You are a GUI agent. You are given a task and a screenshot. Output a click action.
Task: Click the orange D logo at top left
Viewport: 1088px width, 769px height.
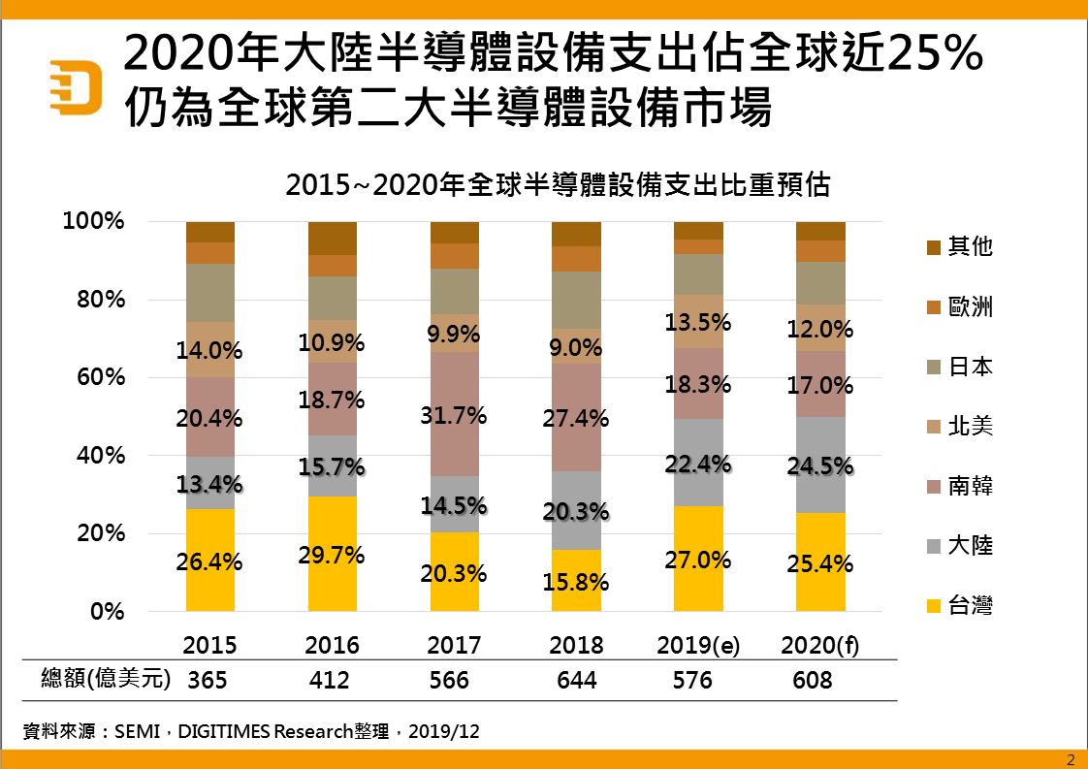[77, 86]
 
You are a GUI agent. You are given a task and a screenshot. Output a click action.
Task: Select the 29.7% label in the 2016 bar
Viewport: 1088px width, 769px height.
[332, 555]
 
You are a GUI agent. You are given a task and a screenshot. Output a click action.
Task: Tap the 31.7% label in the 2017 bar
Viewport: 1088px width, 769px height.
[454, 418]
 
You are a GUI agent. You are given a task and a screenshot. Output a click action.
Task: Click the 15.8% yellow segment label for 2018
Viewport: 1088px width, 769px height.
[576, 583]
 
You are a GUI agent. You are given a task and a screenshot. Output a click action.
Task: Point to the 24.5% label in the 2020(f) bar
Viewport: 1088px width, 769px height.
[820, 466]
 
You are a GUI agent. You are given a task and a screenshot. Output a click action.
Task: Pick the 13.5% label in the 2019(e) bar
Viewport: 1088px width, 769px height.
[698, 321]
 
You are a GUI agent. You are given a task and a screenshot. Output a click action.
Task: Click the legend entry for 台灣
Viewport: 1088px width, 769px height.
[960, 606]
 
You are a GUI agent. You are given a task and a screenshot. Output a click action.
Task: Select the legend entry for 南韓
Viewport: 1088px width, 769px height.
[960, 486]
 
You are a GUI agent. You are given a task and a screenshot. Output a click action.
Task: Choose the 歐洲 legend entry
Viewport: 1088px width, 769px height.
[960, 307]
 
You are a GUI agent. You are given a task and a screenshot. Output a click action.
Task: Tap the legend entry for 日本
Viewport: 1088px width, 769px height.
[960, 367]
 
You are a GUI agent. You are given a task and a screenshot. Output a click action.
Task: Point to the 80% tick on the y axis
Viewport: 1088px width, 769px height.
[102, 300]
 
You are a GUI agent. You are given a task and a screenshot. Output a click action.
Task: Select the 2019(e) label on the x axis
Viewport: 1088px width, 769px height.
[698, 646]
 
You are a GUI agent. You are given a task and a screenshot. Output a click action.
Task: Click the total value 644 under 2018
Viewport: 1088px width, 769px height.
[576, 680]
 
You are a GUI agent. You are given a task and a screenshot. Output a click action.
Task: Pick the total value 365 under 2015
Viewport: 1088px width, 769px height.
[208, 680]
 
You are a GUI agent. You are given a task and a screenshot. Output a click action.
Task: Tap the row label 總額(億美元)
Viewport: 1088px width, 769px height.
[106, 679]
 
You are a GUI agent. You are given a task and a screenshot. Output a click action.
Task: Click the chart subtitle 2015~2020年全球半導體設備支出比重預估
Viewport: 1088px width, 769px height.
[558, 185]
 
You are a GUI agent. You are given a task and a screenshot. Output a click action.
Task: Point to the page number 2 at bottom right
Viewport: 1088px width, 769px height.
[1071, 759]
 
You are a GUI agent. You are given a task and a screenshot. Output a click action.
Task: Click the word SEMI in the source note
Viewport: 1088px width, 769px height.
[134, 732]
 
